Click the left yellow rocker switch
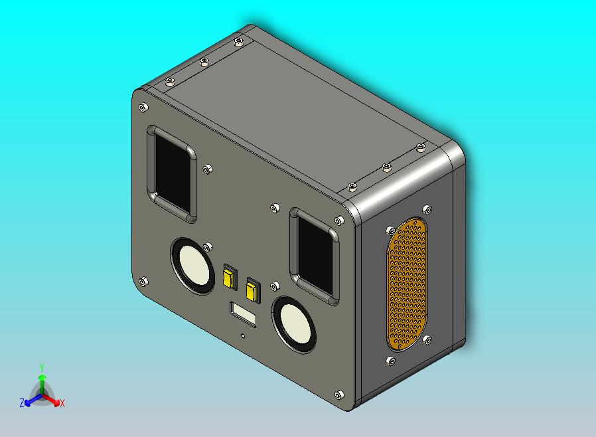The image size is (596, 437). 229,277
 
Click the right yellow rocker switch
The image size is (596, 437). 252,290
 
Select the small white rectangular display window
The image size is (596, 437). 243,313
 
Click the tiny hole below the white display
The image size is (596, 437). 244,335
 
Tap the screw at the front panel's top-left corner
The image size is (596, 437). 143,107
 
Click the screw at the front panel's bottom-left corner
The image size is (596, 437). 143,282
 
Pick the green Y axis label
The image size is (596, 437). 41,367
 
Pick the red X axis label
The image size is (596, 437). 62,403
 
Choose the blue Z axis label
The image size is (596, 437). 22,402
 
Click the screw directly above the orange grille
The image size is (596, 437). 427,210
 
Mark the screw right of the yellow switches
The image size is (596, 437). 274,286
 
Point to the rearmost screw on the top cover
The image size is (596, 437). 238,43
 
